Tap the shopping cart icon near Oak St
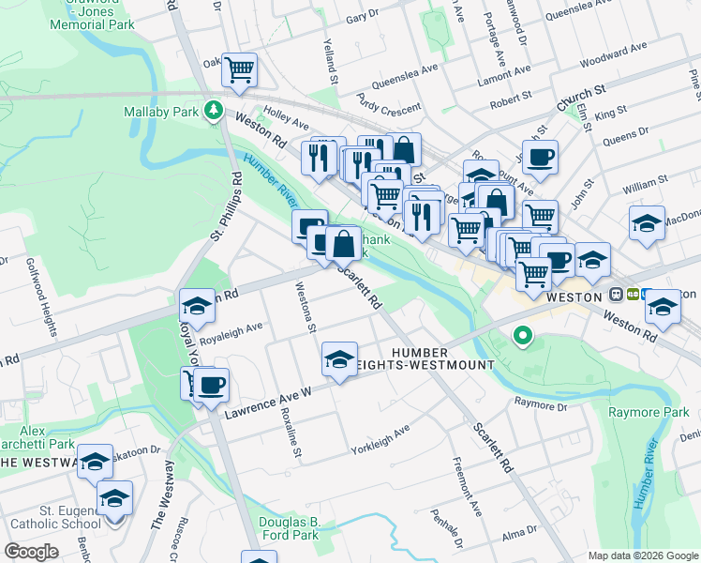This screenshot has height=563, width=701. pos(239,69)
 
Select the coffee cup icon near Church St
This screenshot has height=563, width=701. pos(540,158)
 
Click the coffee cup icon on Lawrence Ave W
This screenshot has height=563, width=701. pos(212,385)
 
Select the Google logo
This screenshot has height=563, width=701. pos(32,551)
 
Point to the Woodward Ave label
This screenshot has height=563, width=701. pos(613,56)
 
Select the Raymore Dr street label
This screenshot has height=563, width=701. pos(541,404)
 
